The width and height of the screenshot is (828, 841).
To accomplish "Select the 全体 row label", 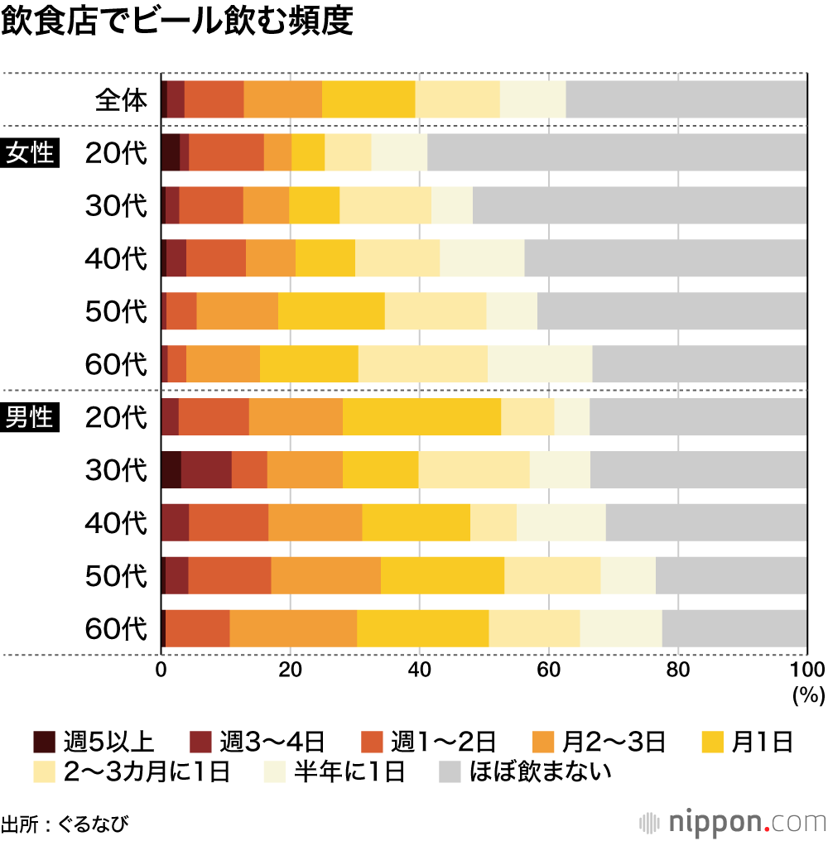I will (121, 100).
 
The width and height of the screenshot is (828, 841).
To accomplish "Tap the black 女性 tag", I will (31, 154).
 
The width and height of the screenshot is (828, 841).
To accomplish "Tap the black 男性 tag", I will (31, 417).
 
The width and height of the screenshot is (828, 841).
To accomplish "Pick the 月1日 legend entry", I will (749, 741).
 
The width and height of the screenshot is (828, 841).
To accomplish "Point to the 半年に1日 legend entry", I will (335, 772).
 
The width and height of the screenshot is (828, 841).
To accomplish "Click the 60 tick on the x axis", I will (548, 670).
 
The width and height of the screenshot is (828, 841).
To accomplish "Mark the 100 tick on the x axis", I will (806, 670).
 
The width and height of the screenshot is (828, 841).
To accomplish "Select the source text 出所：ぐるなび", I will (65, 824).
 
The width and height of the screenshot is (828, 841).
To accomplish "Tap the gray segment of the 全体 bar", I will (686, 99).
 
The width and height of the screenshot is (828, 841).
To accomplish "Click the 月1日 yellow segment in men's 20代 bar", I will (421, 416).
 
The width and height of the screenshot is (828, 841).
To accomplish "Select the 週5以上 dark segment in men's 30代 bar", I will (171, 469).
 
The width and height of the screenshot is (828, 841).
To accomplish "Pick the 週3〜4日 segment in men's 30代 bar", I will (206, 469).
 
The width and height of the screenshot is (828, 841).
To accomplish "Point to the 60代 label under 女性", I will (116, 364).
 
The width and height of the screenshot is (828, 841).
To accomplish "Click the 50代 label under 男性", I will (116, 575).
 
